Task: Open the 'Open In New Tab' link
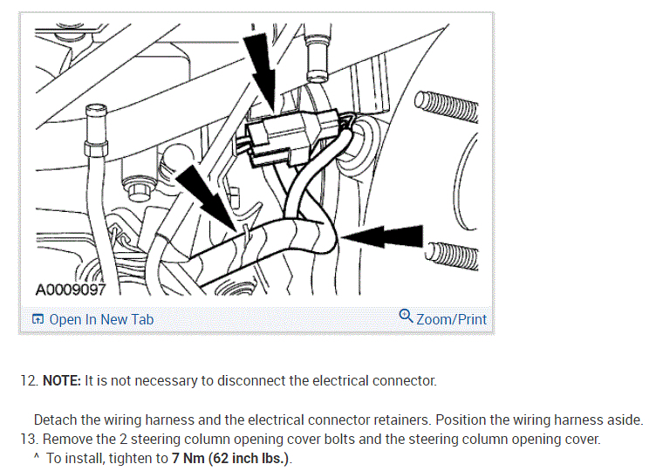pos(101,319)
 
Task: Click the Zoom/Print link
pos(451,319)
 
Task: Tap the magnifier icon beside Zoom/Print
pos(406,317)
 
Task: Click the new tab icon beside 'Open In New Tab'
pos(38,319)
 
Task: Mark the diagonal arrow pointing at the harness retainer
pos(205,196)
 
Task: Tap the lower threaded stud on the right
pos(454,254)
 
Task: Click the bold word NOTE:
pos(62,380)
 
